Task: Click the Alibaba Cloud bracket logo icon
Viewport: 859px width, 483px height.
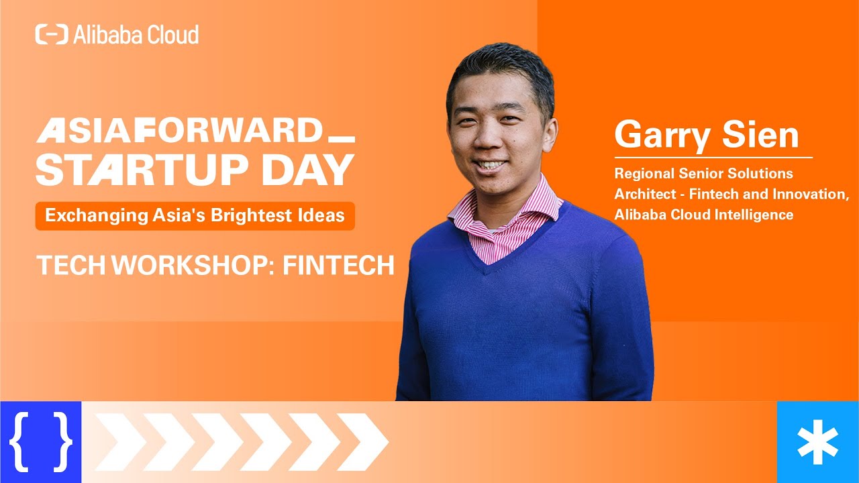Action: tap(52, 34)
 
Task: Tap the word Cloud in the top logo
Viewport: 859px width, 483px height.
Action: tap(173, 34)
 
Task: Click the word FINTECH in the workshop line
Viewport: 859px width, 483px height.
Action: tap(338, 266)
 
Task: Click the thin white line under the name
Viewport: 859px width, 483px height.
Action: tap(713, 158)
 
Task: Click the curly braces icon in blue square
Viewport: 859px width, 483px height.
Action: tap(40, 442)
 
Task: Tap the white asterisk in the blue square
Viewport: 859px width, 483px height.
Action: tap(817, 442)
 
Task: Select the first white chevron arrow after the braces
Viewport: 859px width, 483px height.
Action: tap(117, 442)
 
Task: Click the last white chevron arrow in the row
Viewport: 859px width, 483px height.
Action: tap(362, 442)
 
